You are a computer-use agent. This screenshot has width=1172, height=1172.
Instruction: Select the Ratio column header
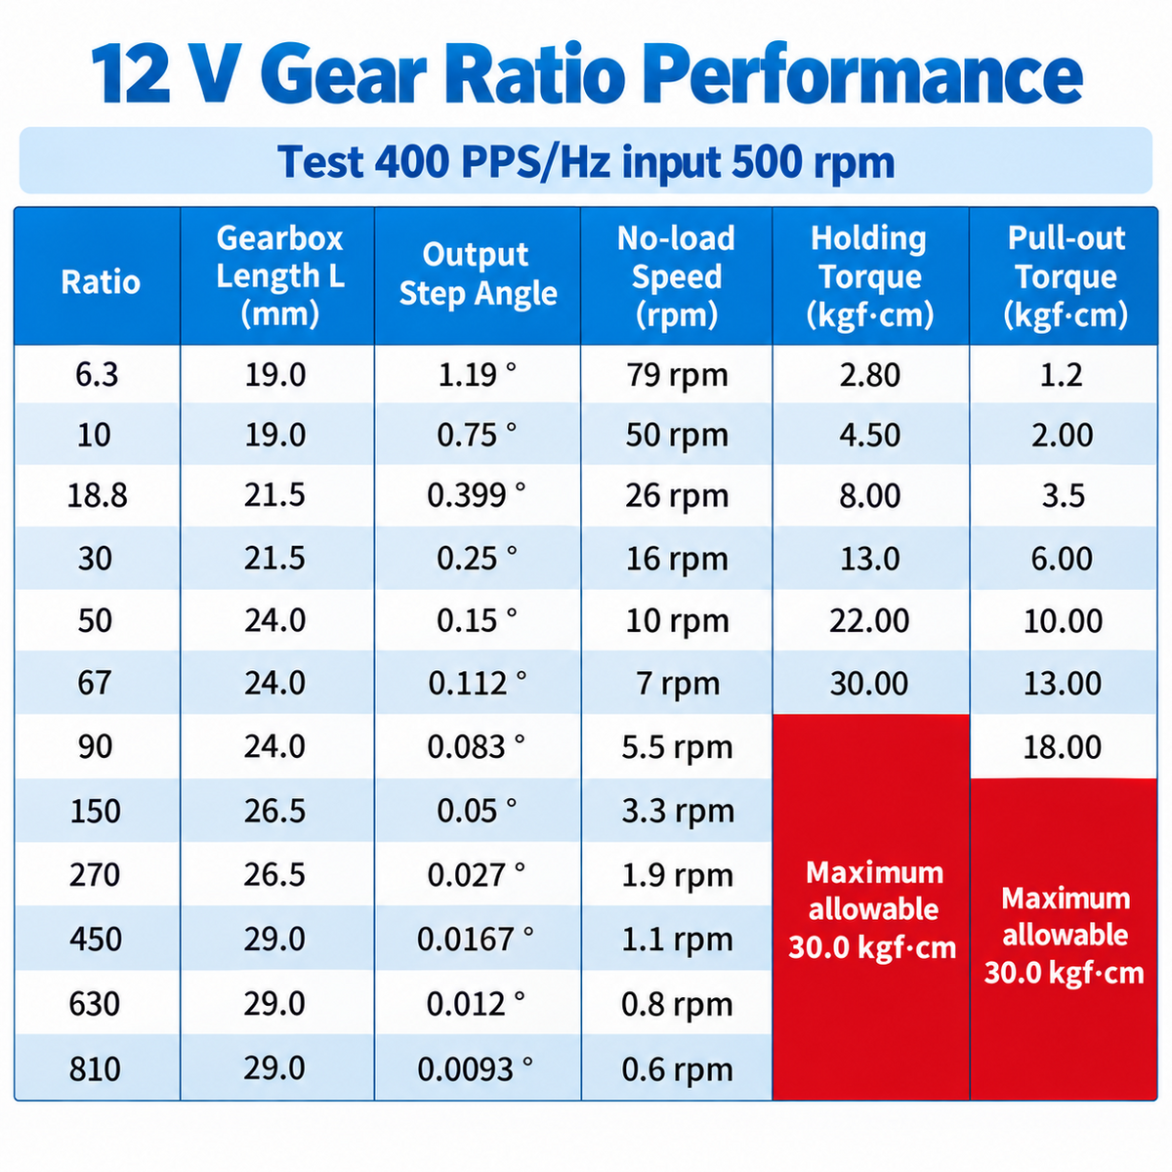[101, 282]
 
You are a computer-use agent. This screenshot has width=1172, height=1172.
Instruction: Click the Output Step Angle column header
[478, 273]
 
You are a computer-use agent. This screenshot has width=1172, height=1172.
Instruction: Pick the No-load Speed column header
[676, 276]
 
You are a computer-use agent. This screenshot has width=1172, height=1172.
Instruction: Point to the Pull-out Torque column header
[1066, 276]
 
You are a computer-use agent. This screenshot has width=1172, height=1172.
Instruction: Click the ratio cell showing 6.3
[97, 374]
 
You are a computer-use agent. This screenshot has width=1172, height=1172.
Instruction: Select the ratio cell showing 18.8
[97, 496]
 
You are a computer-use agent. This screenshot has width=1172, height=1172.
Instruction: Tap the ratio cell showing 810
[95, 1068]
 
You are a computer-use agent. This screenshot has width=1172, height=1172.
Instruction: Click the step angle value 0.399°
[477, 496]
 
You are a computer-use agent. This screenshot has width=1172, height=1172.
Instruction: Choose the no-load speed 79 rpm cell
[677, 375]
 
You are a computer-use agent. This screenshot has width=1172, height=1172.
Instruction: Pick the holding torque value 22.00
[869, 621]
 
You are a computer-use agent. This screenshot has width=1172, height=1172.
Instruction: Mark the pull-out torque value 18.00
[1062, 747]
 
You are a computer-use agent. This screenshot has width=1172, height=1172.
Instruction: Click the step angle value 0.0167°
[475, 939]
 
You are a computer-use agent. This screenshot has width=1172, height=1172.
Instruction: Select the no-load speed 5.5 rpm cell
[677, 748]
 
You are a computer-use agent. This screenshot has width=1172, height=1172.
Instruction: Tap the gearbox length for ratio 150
[274, 812]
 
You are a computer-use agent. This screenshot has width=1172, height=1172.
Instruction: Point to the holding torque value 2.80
[870, 375]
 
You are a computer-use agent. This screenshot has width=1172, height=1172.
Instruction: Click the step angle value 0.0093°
[475, 1068]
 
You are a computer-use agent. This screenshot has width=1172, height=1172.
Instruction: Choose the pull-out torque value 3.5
[1064, 496]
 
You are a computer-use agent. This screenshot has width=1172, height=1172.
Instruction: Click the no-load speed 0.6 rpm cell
[677, 1069]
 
